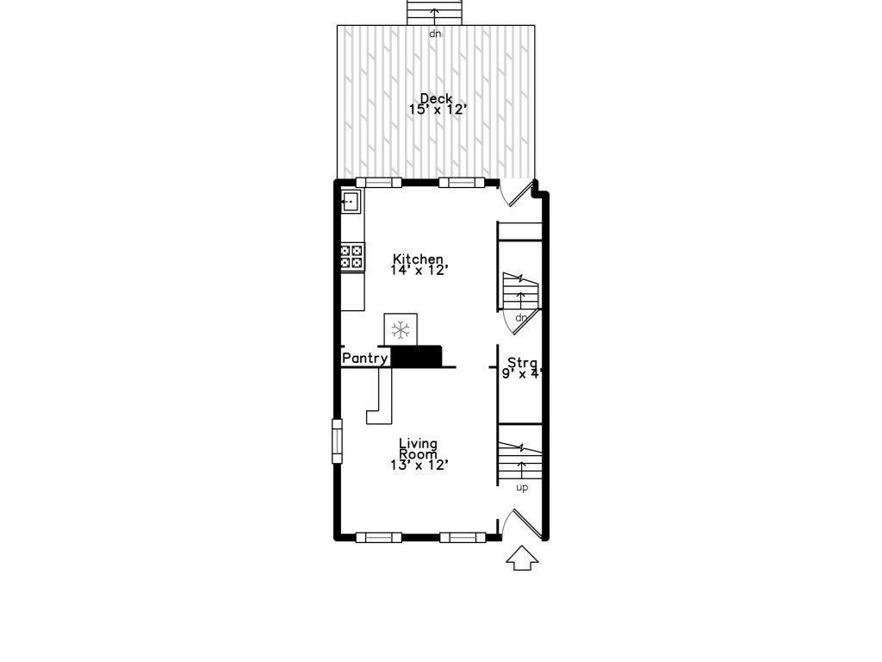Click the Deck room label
(x=436, y=98)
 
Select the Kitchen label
(x=418, y=259)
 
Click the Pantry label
(x=365, y=358)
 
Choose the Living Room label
(x=418, y=449)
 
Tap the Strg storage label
(x=522, y=362)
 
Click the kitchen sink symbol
(x=351, y=202)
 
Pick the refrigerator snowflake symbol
(x=400, y=328)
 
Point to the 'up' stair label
(x=521, y=488)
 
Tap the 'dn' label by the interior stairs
(x=520, y=318)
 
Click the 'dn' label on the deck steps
(x=435, y=34)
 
